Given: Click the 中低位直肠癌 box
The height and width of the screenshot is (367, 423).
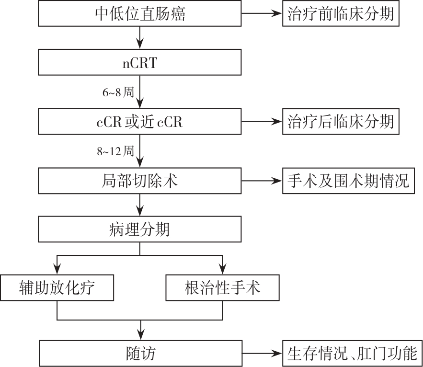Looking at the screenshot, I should click(x=140, y=14).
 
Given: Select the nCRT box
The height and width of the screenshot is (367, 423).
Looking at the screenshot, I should click(x=140, y=62).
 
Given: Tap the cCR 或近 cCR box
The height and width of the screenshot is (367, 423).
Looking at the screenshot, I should click(x=140, y=122).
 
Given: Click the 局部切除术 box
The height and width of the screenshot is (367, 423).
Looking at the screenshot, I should click(x=140, y=181).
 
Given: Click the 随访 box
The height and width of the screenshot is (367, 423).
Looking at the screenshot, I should click(x=140, y=354).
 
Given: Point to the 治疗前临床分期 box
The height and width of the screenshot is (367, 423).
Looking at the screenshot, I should click(x=340, y=14).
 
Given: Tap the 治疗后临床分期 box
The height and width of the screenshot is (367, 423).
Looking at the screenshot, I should click(x=340, y=122).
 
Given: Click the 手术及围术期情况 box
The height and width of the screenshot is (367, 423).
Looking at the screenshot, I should click(x=349, y=181).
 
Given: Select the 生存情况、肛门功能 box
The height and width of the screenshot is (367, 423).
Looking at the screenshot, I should click(x=352, y=354).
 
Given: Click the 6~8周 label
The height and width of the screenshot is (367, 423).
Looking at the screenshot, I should click(x=117, y=92).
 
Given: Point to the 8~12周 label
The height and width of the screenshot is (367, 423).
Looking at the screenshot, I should click(x=115, y=151).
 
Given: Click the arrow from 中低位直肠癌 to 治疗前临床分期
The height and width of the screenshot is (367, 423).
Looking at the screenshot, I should click(x=262, y=14).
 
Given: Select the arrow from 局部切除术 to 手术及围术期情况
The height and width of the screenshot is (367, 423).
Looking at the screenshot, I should click(x=262, y=181).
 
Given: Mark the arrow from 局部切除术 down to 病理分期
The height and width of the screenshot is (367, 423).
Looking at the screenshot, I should click(x=140, y=205).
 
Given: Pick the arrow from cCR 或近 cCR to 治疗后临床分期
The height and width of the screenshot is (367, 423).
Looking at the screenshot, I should click(x=262, y=122).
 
